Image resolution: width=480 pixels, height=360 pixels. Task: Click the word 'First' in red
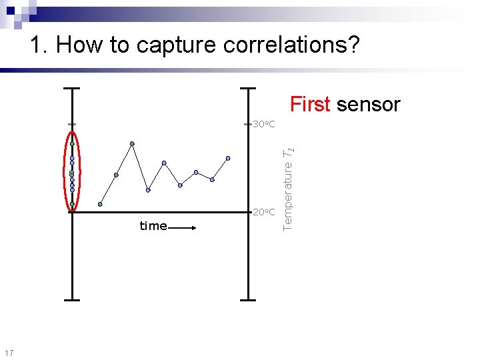coord(310,105)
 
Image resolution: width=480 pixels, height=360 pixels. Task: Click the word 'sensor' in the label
coord(368,105)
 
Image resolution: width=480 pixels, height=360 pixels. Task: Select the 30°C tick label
coord(264,125)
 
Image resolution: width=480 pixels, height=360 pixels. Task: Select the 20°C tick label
coord(264,212)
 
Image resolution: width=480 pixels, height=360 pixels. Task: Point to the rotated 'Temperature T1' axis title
coord(287,188)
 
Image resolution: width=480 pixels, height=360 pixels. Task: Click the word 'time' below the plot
coord(153,226)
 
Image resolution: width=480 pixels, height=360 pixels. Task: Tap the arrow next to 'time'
coord(183,227)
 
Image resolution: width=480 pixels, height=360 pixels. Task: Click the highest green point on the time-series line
coord(132,143)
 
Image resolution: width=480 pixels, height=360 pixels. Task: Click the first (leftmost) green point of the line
coord(100,204)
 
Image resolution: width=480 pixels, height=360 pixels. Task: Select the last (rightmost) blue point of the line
coord(228,158)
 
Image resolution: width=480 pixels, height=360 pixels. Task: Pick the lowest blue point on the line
coord(148,190)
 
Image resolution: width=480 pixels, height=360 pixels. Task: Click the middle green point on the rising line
coord(116,175)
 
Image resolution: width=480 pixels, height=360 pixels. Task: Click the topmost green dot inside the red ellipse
coord(72,143)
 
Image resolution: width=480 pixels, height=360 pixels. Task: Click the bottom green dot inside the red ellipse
coord(72,204)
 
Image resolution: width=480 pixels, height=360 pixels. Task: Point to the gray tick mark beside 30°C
coord(248,124)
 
